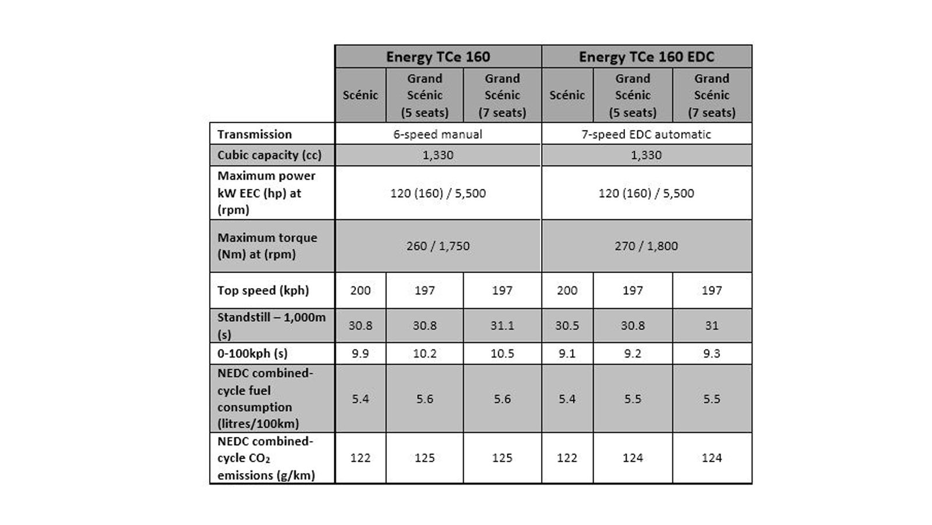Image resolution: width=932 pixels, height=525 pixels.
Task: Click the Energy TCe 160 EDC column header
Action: point(647,57)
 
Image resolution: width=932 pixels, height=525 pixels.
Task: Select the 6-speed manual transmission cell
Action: point(437,134)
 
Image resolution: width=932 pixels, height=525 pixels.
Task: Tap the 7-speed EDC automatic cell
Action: point(646,134)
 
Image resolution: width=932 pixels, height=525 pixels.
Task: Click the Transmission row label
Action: point(255,134)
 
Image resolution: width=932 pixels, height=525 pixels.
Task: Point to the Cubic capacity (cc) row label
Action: point(269,155)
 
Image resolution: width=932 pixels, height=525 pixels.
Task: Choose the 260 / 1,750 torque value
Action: point(437,246)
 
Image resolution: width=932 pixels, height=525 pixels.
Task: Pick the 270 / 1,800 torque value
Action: point(646,246)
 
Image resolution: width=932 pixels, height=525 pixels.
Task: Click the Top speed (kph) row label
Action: point(263,290)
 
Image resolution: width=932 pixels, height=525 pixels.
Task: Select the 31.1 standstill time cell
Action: point(502,325)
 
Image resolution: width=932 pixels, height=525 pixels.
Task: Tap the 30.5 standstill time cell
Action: point(567,325)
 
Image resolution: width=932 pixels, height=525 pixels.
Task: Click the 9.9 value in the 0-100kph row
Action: point(361,353)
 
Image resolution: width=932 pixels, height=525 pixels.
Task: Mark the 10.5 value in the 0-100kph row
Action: point(502,353)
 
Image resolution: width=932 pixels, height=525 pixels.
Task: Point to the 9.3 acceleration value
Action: point(712,353)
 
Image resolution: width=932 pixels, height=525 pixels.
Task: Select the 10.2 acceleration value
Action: point(425,353)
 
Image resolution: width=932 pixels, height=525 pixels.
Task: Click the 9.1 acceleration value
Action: point(567,353)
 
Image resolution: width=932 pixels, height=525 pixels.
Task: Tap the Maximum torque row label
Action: point(267,246)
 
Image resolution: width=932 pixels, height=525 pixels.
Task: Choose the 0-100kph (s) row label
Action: point(252,353)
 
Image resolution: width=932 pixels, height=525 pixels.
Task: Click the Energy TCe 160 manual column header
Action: point(438,57)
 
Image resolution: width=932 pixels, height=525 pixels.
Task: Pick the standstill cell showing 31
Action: point(712,325)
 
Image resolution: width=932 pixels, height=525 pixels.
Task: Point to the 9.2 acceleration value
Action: point(633,353)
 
